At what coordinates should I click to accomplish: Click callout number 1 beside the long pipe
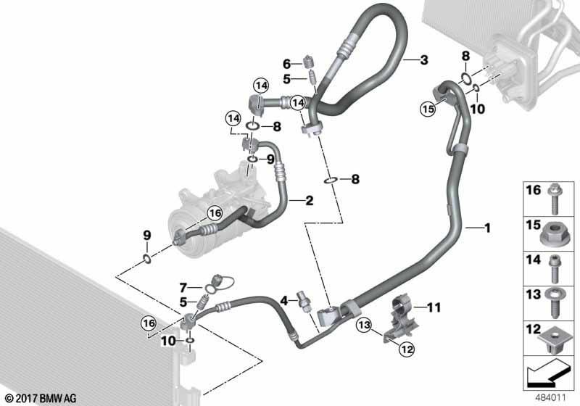pyautogui.click(x=487, y=228)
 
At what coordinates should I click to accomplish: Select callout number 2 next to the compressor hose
pyautogui.click(x=309, y=200)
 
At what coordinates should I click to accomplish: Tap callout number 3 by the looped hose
pyautogui.click(x=424, y=61)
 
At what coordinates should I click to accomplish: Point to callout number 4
pyautogui.click(x=284, y=298)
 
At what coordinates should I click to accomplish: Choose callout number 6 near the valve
pyautogui.click(x=286, y=64)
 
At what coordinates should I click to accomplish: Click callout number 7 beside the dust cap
pyautogui.click(x=183, y=288)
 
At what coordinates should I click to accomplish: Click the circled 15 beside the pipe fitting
pyautogui.click(x=428, y=109)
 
